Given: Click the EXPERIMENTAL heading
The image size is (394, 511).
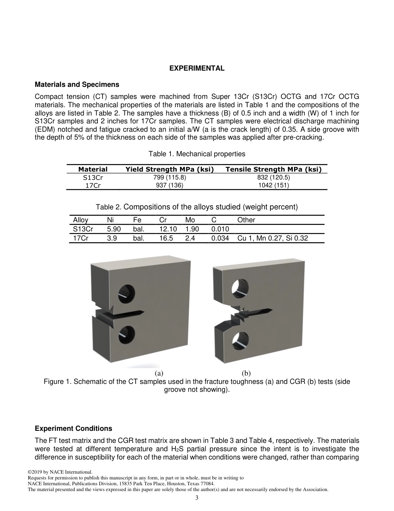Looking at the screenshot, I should [x=197, y=69].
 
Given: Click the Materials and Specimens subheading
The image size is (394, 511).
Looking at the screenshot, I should [x=77, y=85].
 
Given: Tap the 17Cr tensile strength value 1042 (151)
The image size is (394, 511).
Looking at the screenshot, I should [x=273, y=185].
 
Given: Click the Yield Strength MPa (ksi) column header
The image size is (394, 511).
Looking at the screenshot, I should [x=170, y=169].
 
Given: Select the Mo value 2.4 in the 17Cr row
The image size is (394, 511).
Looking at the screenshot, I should [x=190, y=238].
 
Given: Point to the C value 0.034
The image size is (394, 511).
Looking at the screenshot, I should [x=220, y=238].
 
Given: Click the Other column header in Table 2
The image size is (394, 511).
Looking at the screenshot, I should [x=246, y=220].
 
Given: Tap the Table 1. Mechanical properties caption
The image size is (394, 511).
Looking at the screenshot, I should [x=197, y=154].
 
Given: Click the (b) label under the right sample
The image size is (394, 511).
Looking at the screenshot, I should [x=246, y=373].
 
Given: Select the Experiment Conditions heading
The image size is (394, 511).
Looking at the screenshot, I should [x=73, y=428].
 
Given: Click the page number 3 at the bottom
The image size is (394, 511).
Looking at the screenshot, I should [x=197, y=498].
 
